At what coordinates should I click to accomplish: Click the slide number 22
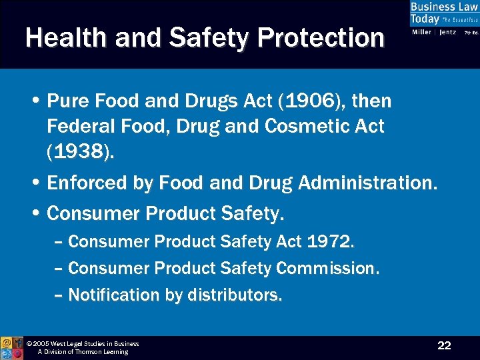(x=444, y=345)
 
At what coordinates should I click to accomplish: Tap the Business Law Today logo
(x=443, y=18)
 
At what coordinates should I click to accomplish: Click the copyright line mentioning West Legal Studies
(x=83, y=344)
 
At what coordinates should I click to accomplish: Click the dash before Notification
(x=58, y=295)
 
